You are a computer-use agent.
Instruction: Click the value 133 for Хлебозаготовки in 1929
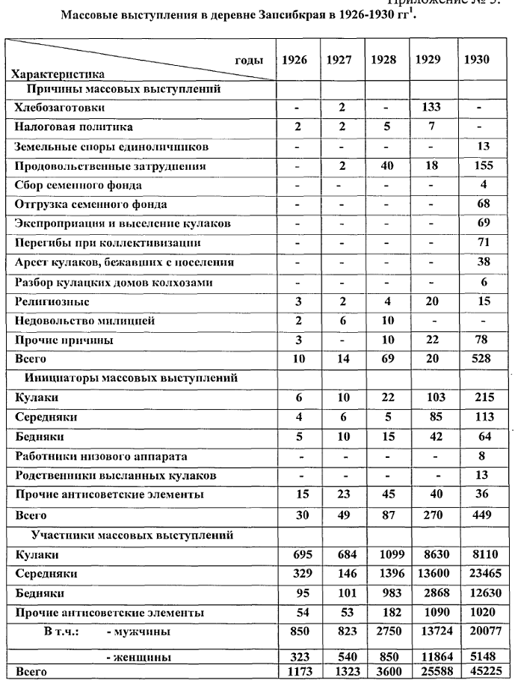point(431,108)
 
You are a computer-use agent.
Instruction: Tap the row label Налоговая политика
point(73,127)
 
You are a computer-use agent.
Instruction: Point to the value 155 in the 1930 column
point(476,166)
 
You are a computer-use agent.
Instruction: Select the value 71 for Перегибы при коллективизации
point(476,243)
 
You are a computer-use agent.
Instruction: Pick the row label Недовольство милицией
point(75,320)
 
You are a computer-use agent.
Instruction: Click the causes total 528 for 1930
point(476,359)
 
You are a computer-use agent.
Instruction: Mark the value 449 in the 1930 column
point(476,515)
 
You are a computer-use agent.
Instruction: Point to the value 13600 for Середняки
point(431,574)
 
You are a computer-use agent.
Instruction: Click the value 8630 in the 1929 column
point(431,554)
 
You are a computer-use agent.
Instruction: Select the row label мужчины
point(138,632)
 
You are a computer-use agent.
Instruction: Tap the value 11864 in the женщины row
point(431,657)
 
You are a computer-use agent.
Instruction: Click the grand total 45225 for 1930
point(476,672)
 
